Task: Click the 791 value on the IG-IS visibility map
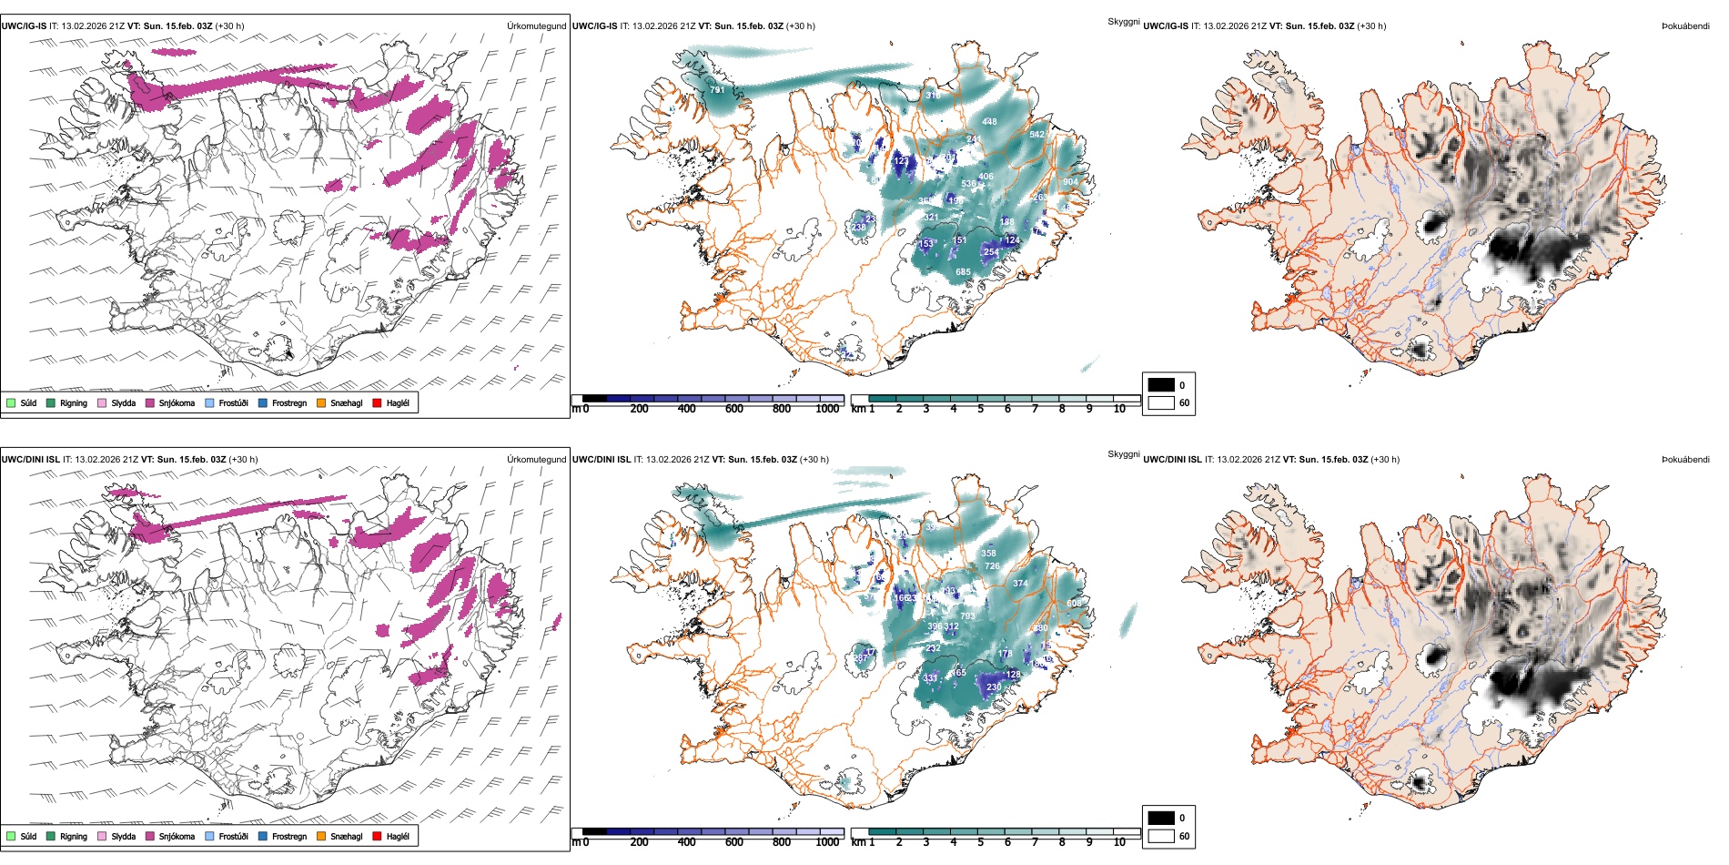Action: pyautogui.click(x=718, y=90)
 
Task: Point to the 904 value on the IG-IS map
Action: pyautogui.click(x=1070, y=182)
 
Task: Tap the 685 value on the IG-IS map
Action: pyautogui.click(x=963, y=272)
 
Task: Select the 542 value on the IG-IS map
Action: pyautogui.click(x=1036, y=135)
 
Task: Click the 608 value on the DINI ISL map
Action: pyautogui.click(x=1075, y=604)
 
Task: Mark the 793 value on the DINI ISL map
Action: pyautogui.click(x=967, y=616)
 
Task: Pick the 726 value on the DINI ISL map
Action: pyautogui.click(x=992, y=566)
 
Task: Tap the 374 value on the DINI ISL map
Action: pyautogui.click(x=1020, y=584)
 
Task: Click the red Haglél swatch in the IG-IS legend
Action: pyautogui.click(x=377, y=402)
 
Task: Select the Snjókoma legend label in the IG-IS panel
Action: pyautogui.click(x=177, y=403)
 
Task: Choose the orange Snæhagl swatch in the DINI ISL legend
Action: pyautogui.click(x=321, y=836)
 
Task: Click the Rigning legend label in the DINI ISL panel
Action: pyautogui.click(x=74, y=837)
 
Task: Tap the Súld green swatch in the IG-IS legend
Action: pyautogui.click(x=11, y=402)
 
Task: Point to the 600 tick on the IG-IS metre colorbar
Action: pyautogui.click(x=733, y=409)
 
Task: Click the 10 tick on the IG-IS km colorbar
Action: pyautogui.click(x=1119, y=409)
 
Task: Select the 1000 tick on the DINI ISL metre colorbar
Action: pyautogui.click(x=827, y=842)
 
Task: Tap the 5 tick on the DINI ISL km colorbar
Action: pyautogui.click(x=980, y=842)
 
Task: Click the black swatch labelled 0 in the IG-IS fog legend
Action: pyautogui.click(x=1161, y=384)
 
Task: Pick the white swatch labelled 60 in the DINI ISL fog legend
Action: pyautogui.click(x=1161, y=836)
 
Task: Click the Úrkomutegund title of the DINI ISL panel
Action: pyautogui.click(x=536, y=459)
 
